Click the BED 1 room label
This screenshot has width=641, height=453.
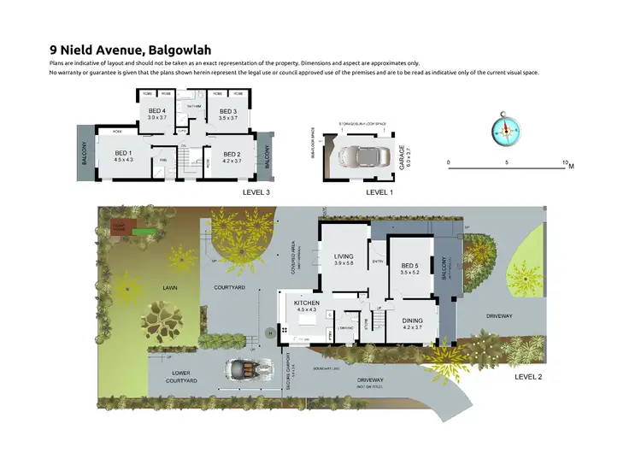[x=124, y=153]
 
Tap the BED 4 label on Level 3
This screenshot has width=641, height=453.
[x=156, y=111]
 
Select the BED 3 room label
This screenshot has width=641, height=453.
[x=227, y=111]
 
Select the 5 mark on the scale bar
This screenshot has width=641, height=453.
[x=507, y=162]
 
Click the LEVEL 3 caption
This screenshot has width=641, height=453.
[x=257, y=193]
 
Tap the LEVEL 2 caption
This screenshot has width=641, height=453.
[x=528, y=376]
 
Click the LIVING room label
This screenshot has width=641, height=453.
[x=344, y=256]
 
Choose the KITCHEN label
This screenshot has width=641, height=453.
[x=306, y=303]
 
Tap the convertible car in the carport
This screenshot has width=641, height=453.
[x=244, y=368]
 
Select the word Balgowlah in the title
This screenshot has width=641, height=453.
[x=179, y=50]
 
